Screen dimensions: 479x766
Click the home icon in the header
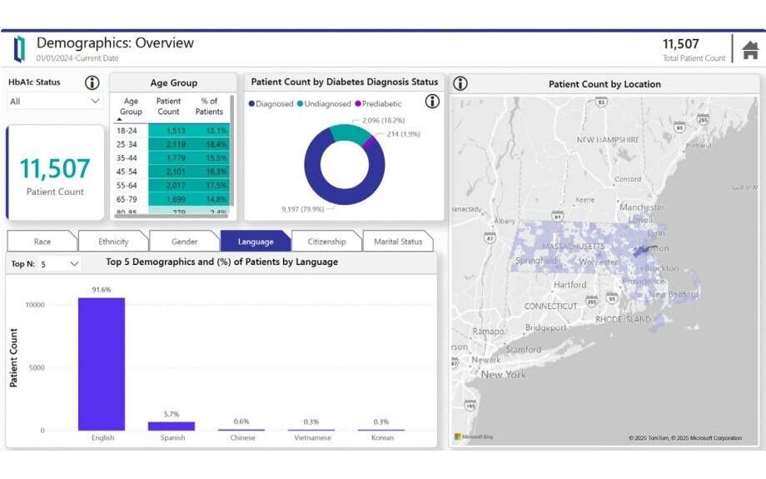tap(750, 49)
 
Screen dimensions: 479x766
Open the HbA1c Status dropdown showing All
tap(54, 101)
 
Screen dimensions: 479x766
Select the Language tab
tap(256, 242)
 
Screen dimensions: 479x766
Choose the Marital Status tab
tap(398, 242)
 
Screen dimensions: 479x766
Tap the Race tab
tap(42, 242)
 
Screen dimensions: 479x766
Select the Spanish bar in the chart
tap(172, 426)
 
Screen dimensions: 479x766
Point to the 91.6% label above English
tap(102, 290)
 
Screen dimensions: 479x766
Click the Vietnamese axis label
tap(311, 437)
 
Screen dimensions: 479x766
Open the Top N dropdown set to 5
tap(60, 263)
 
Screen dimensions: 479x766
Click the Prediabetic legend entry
tap(381, 104)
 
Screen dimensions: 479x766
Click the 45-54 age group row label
tap(127, 171)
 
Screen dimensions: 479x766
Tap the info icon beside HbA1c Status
tap(92, 82)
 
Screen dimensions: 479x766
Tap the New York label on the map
tap(504, 375)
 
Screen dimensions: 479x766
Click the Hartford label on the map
tap(570, 285)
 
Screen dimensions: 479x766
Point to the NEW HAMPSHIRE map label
tap(608, 140)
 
